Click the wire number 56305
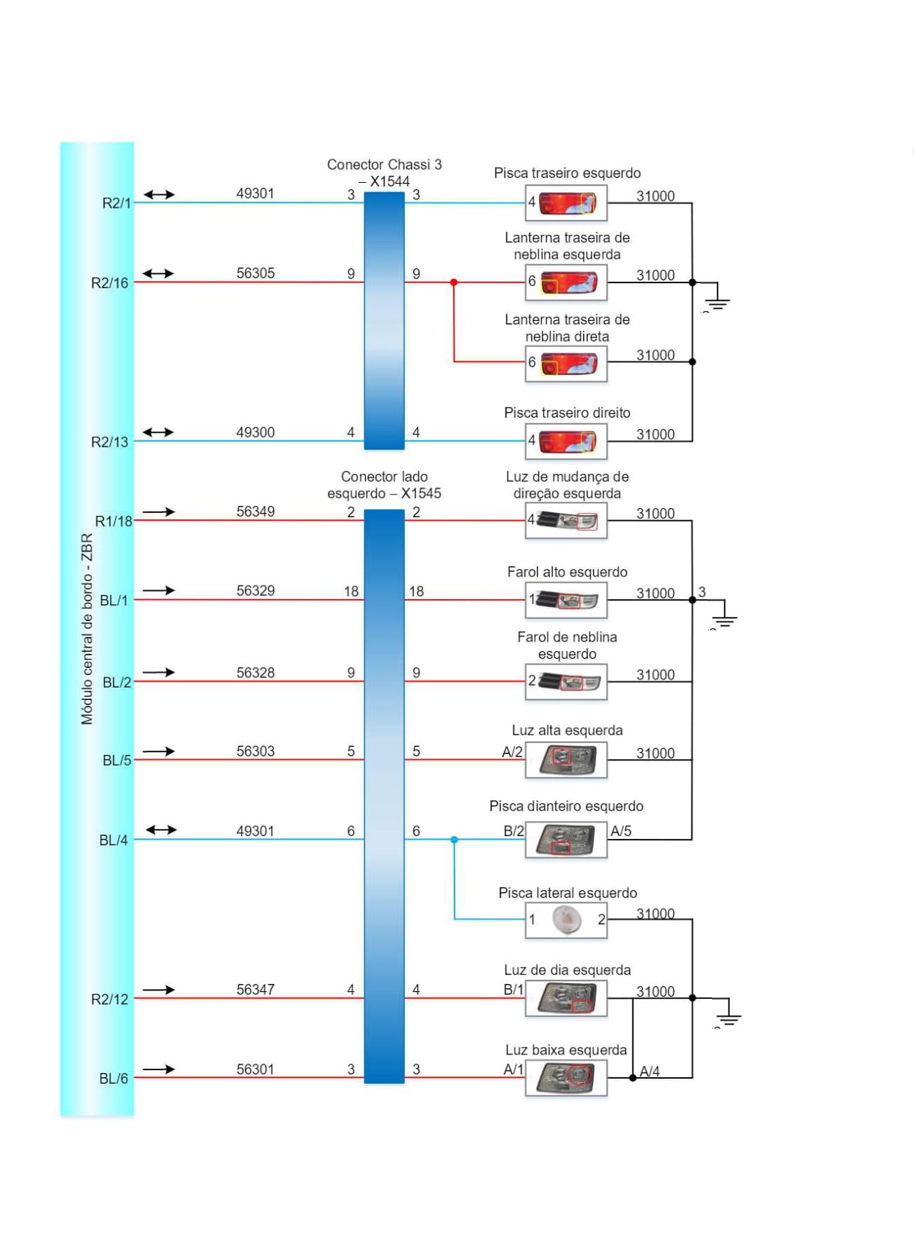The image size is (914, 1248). [x=255, y=273]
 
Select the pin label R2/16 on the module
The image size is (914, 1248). [x=110, y=283]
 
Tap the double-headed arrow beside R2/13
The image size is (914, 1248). [x=158, y=433]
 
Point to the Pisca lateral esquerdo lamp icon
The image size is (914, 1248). [x=566, y=919]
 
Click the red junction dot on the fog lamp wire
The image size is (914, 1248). [x=454, y=282]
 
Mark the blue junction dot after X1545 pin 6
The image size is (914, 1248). [x=455, y=840]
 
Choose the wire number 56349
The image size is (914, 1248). [x=255, y=512]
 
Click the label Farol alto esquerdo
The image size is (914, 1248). [x=567, y=572]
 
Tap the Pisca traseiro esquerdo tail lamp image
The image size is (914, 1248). [x=567, y=203]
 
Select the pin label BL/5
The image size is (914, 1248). [x=117, y=761]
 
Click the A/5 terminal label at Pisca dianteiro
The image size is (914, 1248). [x=621, y=831]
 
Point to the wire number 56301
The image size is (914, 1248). [x=255, y=1069]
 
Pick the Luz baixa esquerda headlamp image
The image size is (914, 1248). [x=566, y=1077]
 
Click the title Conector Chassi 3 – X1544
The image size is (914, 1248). [x=384, y=173]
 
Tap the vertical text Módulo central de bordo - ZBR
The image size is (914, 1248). [x=87, y=629]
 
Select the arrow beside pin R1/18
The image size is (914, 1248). [x=159, y=512]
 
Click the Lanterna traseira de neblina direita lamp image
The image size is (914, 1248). [x=567, y=364]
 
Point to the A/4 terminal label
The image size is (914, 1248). [x=649, y=1071]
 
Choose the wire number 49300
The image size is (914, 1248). [x=255, y=433]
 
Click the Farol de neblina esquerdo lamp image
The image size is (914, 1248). [x=567, y=682]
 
